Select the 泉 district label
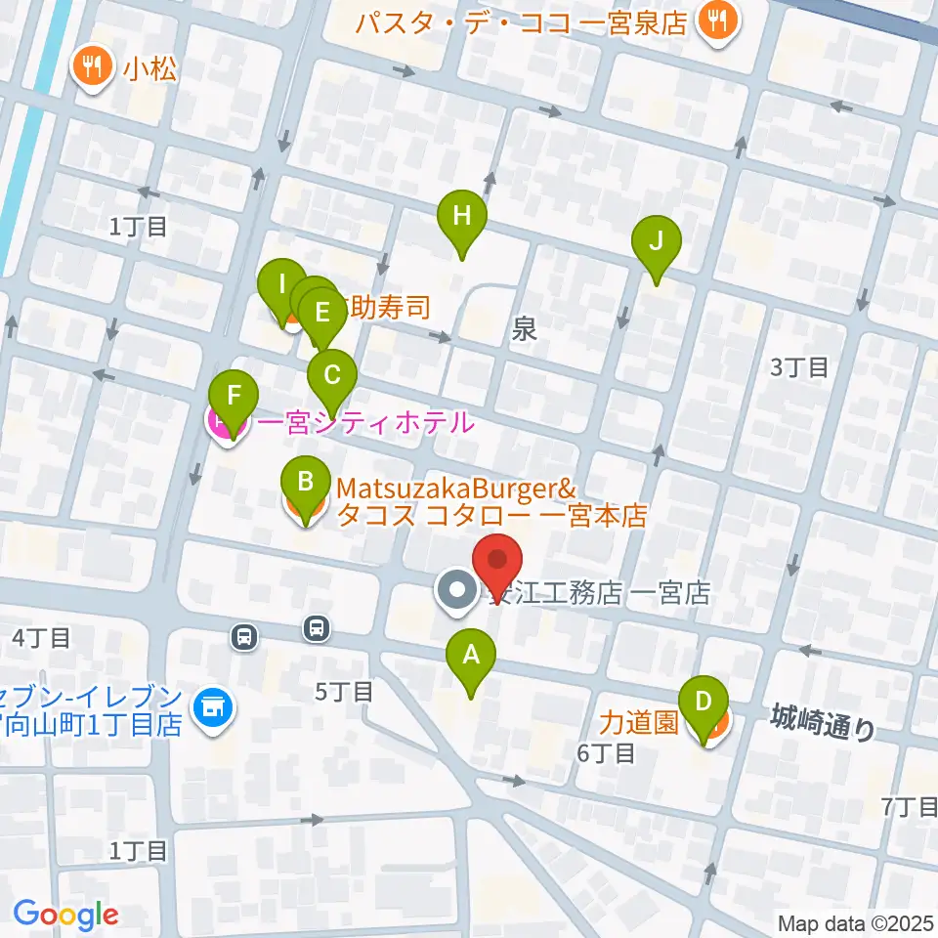click(x=525, y=331)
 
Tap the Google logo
click(x=65, y=915)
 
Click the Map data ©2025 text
click(x=856, y=922)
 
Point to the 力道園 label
click(x=639, y=723)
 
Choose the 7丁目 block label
click(x=909, y=807)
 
